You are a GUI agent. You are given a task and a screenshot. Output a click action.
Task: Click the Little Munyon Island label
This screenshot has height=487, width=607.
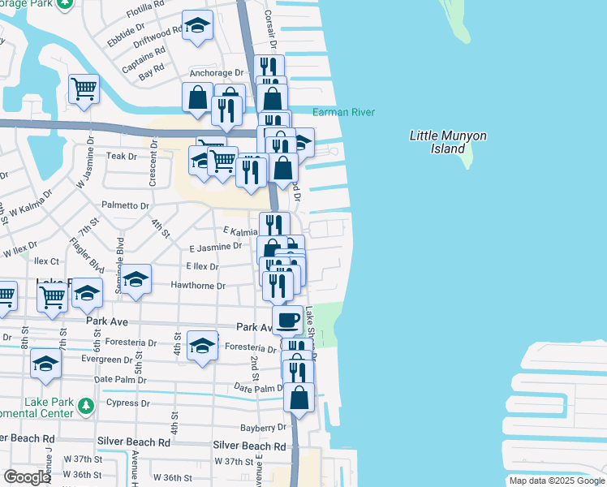tap(448, 142)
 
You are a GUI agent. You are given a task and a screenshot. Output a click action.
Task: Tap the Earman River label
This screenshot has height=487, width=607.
tap(344, 112)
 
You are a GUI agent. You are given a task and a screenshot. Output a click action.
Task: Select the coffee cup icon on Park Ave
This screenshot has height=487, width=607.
tap(286, 321)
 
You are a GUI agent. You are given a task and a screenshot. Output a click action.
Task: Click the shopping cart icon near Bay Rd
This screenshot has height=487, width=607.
tap(84, 88)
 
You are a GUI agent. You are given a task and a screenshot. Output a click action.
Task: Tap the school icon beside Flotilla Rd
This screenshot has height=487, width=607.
tap(197, 27)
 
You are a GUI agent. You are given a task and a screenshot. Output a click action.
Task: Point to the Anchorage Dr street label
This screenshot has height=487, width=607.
tap(216, 72)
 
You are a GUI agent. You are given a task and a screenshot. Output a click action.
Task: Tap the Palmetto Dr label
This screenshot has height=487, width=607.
tap(125, 206)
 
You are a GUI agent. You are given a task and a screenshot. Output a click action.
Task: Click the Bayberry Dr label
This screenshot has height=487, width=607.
tap(263, 428)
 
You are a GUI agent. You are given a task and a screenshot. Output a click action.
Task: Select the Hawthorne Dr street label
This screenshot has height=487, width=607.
tap(197, 286)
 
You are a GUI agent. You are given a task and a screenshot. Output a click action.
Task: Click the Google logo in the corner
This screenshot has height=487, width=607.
tap(27, 477)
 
